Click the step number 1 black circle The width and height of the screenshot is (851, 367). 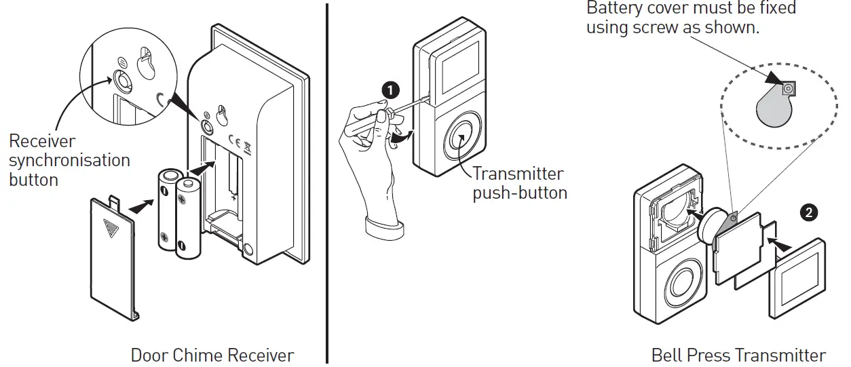coord(390,89)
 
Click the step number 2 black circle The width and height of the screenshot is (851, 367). coord(808,212)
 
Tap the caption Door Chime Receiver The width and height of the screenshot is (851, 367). coord(212,355)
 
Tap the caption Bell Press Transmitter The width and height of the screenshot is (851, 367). coord(738,355)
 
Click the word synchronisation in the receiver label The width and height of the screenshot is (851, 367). coord(69,160)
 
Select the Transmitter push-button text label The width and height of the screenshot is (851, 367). coord(520,183)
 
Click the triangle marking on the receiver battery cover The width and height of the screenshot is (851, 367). coord(109,227)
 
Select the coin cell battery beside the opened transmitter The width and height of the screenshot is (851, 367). coord(713,225)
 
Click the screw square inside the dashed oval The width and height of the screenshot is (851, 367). coord(789,88)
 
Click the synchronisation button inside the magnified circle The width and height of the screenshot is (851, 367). coord(124,79)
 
